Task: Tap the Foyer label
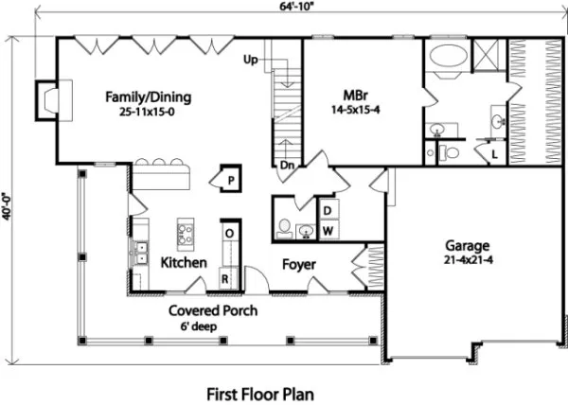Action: pos(298,265)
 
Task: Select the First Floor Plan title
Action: pos(259,391)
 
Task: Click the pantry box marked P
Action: pos(230,178)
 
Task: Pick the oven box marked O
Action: pos(229,232)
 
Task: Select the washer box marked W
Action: pos(326,230)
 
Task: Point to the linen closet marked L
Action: pos(494,152)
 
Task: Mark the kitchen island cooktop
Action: pos(186,232)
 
